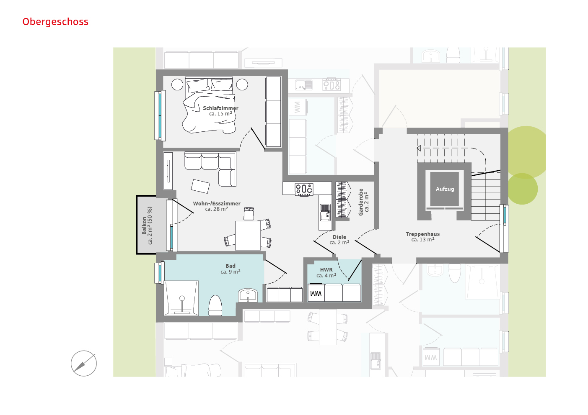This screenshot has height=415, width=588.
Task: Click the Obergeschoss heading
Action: pos(55,22)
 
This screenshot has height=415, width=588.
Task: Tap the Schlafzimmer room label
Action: pos(220,108)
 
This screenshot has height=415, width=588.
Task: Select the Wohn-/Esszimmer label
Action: pos(217,204)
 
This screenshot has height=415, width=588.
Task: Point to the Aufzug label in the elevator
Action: pos(445,189)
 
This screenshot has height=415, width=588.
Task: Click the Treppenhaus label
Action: pos(422,234)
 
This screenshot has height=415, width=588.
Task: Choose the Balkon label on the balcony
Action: pos(144,225)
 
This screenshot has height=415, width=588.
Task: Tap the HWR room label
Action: pos(326,269)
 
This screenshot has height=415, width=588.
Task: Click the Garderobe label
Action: pos(361,202)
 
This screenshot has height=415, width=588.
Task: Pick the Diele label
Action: pos(339,237)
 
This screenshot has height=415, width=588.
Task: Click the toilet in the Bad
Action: pos(215,305)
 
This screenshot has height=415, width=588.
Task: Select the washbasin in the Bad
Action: pos(248,295)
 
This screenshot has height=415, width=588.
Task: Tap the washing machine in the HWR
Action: pos(316,293)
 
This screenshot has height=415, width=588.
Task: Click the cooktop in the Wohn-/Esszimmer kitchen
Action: pos(304,189)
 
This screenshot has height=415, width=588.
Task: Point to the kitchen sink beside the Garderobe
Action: pos(325,212)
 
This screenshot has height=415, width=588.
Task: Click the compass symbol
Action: pos(84,364)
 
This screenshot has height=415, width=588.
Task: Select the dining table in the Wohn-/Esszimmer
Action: pos(248,236)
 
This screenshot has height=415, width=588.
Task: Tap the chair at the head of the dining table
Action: pos(249,213)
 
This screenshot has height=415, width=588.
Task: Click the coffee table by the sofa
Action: pos(200,186)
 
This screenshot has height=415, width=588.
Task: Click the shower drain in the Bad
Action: pos(182,298)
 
